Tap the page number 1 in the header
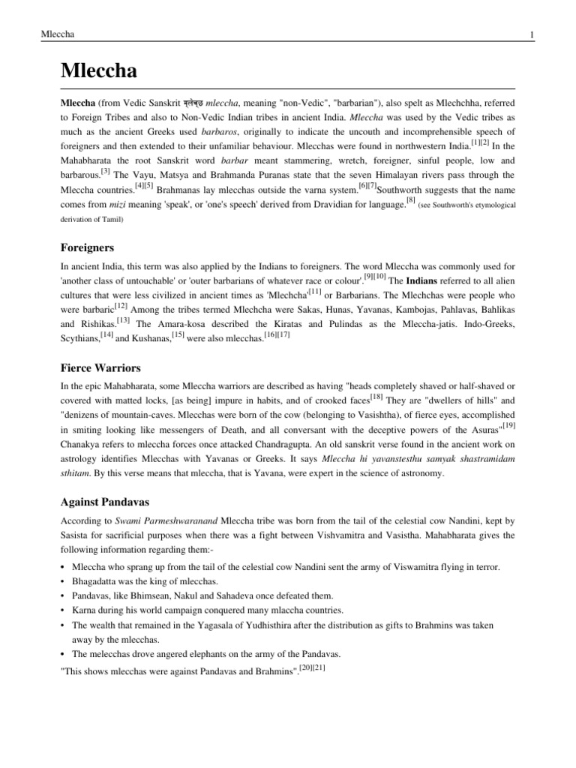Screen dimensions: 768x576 (531, 35)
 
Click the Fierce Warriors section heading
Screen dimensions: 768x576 (100, 367)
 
